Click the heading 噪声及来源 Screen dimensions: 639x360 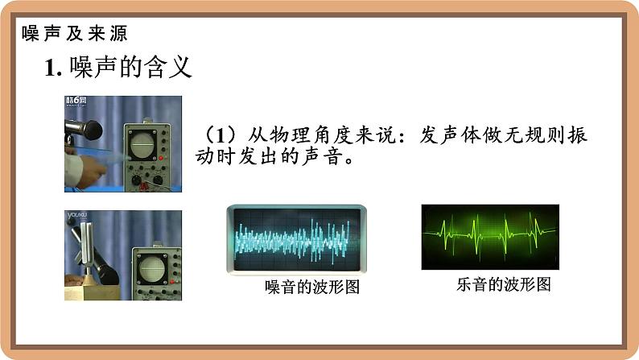75,34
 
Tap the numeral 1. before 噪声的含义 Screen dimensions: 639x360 53,68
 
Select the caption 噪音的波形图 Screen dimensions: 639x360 312,287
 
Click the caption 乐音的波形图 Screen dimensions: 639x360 504,284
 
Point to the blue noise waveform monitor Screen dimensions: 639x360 297,239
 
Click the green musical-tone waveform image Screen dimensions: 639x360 490,237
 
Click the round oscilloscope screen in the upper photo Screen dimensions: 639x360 142,144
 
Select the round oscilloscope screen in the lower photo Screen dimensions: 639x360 151,269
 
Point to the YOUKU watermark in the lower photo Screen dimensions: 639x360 77,215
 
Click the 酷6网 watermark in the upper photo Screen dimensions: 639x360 76,101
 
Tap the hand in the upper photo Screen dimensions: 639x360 90,171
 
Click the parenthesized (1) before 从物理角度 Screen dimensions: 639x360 220,135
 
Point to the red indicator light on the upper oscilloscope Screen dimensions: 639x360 162,158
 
